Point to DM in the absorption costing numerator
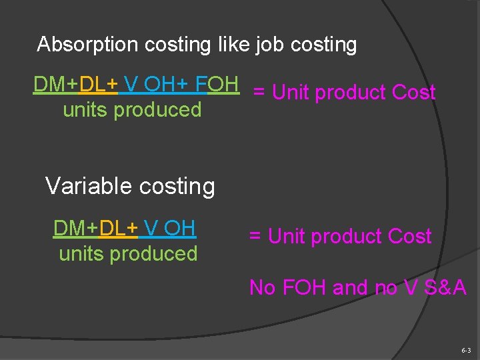click(x=50, y=84)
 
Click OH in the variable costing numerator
click(x=179, y=228)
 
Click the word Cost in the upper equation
click(x=413, y=93)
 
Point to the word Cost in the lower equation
click(x=409, y=237)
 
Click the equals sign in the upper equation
click(x=259, y=93)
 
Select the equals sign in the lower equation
click(x=255, y=237)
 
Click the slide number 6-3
click(x=465, y=350)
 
